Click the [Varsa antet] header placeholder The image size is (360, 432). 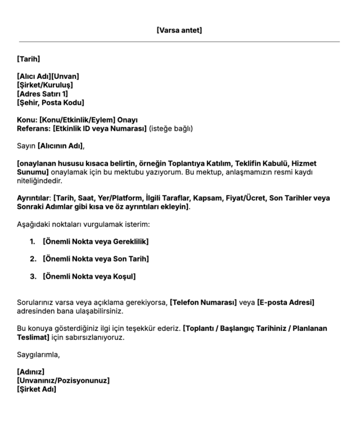click(x=179, y=30)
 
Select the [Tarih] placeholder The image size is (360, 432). click(x=29, y=58)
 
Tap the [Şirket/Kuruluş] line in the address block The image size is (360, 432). click(x=45, y=85)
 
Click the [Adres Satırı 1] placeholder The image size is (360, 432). click(x=43, y=94)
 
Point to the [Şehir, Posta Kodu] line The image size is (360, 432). click(x=51, y=103)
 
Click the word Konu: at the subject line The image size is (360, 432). click(x=27, y=120)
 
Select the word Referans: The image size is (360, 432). click(x=34, y=129)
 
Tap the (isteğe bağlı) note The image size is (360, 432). click(x=170, y=129)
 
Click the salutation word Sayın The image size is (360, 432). click(x=26, y=146)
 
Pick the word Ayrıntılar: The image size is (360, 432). click(x=34, y=199)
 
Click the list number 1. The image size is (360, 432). click(x=31, y=242)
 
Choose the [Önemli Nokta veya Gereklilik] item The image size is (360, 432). click(x=96, y=242)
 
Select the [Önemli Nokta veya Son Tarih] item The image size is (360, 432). click(x=96, y=259)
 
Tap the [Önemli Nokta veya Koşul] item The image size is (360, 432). click(x=89, y=277)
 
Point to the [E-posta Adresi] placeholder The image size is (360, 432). click(x=286, y=303)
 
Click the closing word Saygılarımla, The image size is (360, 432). click(x=38, y=355)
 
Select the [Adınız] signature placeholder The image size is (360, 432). click(x=30, y=372)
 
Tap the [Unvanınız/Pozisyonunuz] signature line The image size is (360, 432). click(x=63, y=381)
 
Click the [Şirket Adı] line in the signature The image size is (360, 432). click(x=37, y=389)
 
